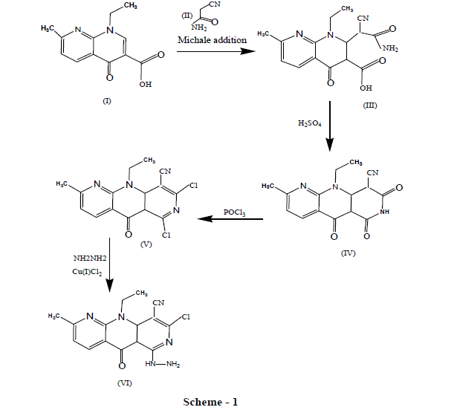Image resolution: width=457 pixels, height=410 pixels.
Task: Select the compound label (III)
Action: tap(371, 105)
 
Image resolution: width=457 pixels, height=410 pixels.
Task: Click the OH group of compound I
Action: tap(146, 84)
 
